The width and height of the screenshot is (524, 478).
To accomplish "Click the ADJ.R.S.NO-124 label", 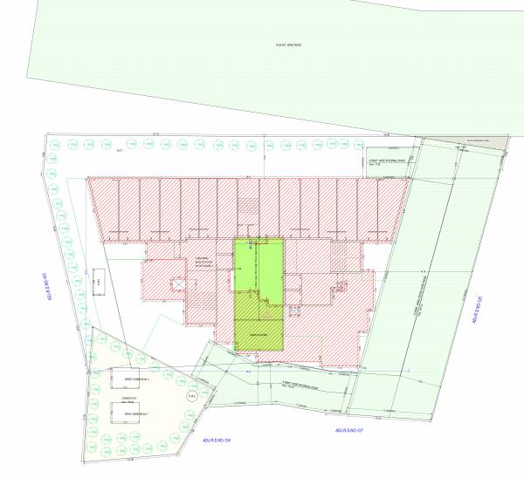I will coord(214,440).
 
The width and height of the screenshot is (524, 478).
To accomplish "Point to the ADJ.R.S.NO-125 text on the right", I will coord(478,310).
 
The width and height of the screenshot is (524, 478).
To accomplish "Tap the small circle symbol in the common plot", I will coord(189,394).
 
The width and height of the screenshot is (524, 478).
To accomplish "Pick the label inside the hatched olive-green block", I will coord(259,335).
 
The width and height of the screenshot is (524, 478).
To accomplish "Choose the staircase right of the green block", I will coord(337,257).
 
